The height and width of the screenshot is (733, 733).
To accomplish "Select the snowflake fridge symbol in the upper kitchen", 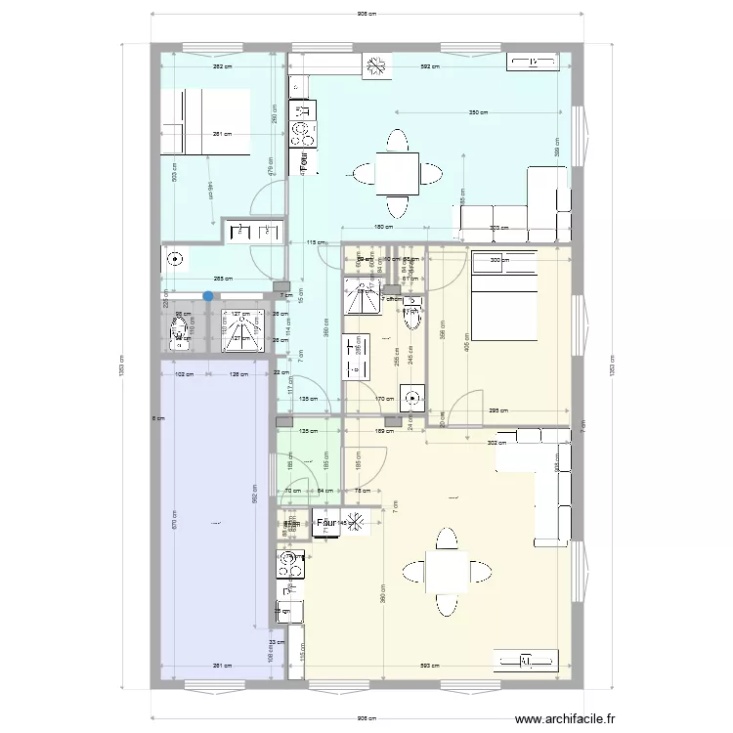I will coord(374,66).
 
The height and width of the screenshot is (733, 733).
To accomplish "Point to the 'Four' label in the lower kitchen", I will coord(327,523).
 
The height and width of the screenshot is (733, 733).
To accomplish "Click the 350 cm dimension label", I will coord(477,112).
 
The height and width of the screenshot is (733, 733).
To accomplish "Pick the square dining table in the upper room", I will coord(398,175).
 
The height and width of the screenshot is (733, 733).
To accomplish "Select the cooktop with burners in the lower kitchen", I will coord(290,562).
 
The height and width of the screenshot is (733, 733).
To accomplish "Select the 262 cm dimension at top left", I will coord(223,66).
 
